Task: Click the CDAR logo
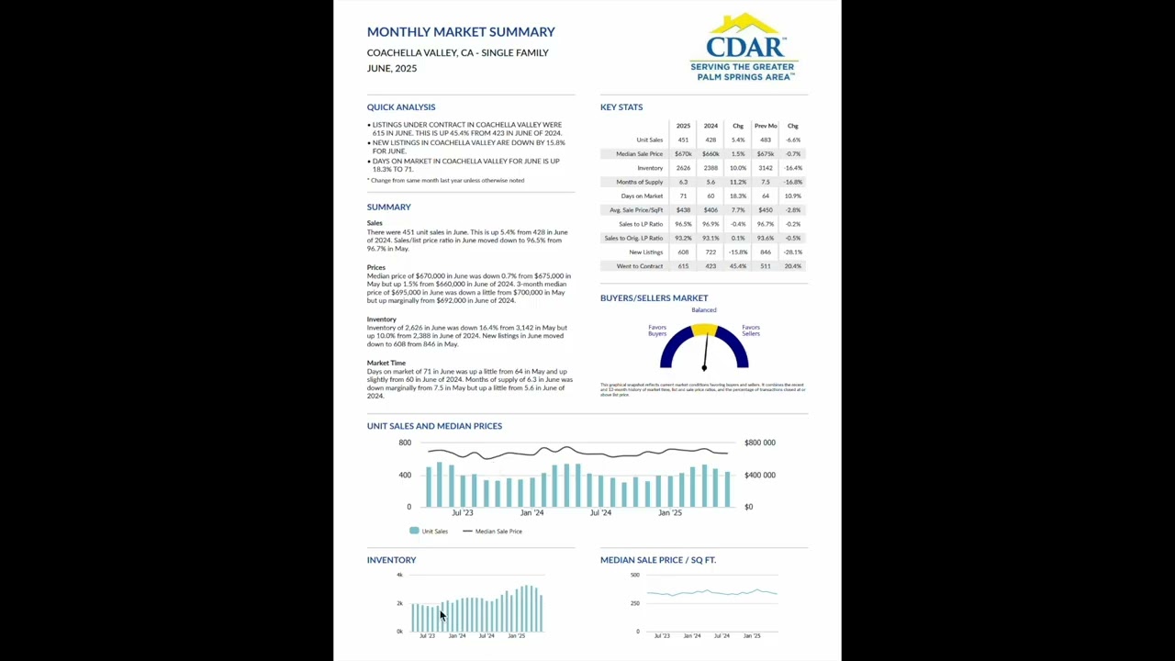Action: tap(744, 48)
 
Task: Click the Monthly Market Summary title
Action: tap(461, 32)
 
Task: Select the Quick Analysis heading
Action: tap(401, 107)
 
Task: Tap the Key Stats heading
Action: tap(621, 107)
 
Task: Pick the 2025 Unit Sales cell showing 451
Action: tap(683, 140)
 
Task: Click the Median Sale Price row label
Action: tap(639, 154)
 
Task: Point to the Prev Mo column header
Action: tap(766, 126)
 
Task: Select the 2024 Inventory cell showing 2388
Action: tap(711, 168)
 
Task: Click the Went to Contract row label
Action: tap(640, 266)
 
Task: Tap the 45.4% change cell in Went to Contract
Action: tap(738, 266)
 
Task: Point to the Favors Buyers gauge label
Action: tap(657, 330)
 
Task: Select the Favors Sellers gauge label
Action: tap(751, 330)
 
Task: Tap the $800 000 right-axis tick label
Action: tap(760, 443)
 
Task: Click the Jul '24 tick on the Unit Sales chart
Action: tap(600, 513)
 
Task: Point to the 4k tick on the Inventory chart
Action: tap(399, 575)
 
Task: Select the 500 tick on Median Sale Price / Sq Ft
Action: tap(635, 575)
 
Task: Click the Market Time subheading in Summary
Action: tap(386, 364)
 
